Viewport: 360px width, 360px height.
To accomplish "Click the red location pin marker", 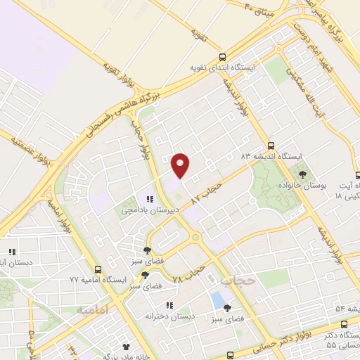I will click(181, 165).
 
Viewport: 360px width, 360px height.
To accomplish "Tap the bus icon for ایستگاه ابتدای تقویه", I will click(223, 58).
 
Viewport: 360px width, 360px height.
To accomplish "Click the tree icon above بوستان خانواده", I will click(303, 174).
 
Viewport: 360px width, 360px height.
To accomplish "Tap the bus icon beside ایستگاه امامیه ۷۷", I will click(98, 269).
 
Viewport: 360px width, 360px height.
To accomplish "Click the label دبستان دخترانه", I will click(168, 316).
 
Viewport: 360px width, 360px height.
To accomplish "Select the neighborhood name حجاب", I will click(235, 281).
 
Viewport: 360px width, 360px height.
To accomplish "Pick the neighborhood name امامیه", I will click(91, 310).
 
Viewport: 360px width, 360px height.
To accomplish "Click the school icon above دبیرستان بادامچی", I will click(149, 198).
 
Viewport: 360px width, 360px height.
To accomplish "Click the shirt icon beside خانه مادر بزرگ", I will click(127, 347).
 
